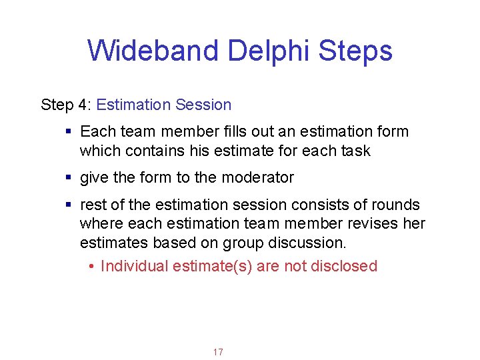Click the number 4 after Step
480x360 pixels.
point(82,105)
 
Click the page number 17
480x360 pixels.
point(218,352)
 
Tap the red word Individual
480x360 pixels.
point(134,266)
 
